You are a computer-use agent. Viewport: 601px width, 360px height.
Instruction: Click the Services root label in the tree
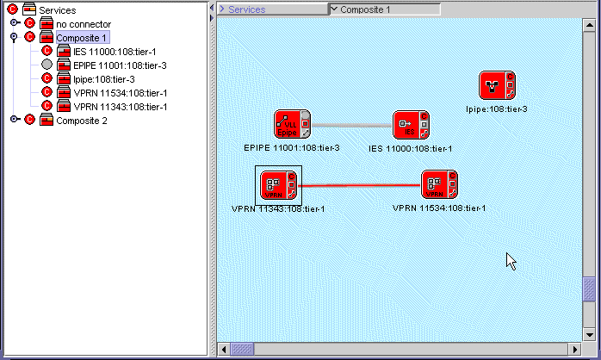(57, 9)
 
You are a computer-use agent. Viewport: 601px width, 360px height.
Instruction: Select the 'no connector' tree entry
(83, 24)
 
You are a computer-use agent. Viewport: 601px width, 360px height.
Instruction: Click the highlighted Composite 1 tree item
(82, 38)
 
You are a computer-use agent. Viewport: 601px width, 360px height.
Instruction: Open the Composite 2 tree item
(82, 121)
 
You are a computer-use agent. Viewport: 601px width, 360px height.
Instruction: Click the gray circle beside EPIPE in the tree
(47, 65)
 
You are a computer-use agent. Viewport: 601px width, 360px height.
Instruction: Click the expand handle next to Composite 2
(15, 121)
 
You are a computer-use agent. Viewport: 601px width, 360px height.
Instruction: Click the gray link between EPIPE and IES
(351, 126)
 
